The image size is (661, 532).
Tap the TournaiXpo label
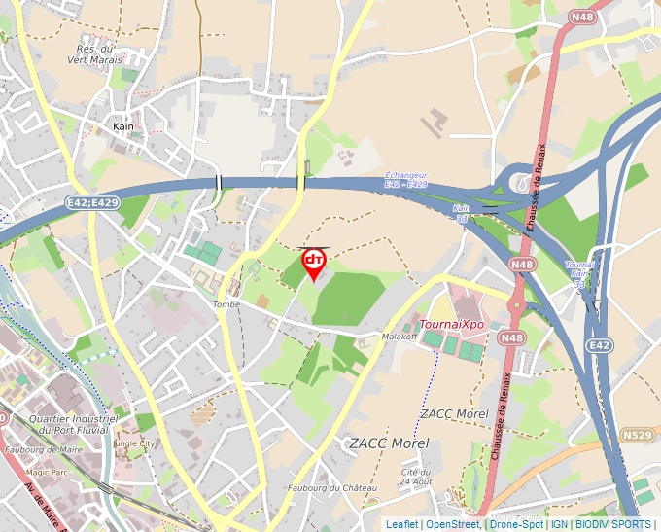[451, 324]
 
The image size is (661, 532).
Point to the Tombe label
[226, 304]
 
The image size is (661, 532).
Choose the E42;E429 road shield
[93, 202]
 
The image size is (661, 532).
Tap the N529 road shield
[638, 435]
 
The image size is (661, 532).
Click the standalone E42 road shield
[600, 345]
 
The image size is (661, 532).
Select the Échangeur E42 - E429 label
[405, 179]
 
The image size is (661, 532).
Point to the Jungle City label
[133, 443]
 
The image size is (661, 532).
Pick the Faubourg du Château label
[332, 487]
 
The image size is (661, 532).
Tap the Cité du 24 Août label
[415, 477]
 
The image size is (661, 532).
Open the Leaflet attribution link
[401, 524]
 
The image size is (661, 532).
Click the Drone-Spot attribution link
[516, 524]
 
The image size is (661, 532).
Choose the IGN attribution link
[559, 524]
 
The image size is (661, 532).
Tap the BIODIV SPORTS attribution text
[613, 524]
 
